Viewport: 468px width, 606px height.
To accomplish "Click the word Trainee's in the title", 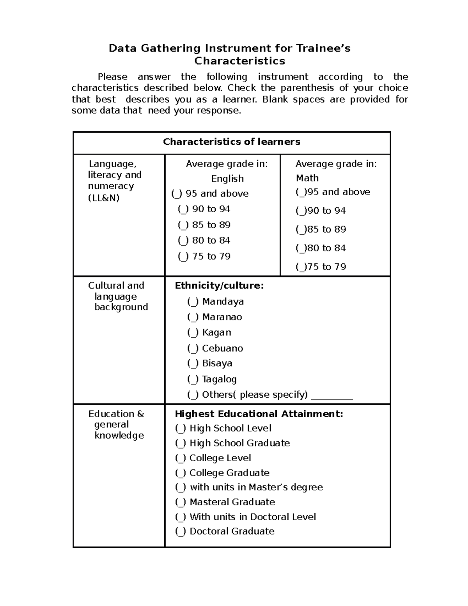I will point(323,48).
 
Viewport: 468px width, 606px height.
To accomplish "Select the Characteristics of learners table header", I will point(231,142).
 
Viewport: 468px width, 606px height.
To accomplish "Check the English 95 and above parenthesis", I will point(177,194).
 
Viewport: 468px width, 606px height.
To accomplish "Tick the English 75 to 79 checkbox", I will point(183,257).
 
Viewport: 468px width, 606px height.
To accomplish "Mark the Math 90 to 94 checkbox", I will point(301,211).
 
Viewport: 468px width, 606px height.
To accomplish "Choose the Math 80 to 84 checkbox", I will point(301,249).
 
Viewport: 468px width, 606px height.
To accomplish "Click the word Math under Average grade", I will point(307,178).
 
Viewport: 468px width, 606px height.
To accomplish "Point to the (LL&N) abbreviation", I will point(104,198).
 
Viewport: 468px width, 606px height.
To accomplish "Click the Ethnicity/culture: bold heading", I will point(219,286).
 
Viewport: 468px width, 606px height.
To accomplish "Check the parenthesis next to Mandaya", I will point(193,302).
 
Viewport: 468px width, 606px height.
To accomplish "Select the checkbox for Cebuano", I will point(193,348).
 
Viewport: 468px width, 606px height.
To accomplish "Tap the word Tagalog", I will point(219,379).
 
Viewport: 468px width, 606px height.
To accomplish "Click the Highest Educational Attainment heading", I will point(259,414).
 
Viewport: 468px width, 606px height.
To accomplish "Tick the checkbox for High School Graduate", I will point(181,443).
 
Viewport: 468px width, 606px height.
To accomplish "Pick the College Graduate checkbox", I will point(181,473).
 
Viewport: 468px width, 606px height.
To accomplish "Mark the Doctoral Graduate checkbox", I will point(181,531).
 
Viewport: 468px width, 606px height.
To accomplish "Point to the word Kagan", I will point(216,332).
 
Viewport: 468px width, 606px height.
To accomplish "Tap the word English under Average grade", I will point(227,179).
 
